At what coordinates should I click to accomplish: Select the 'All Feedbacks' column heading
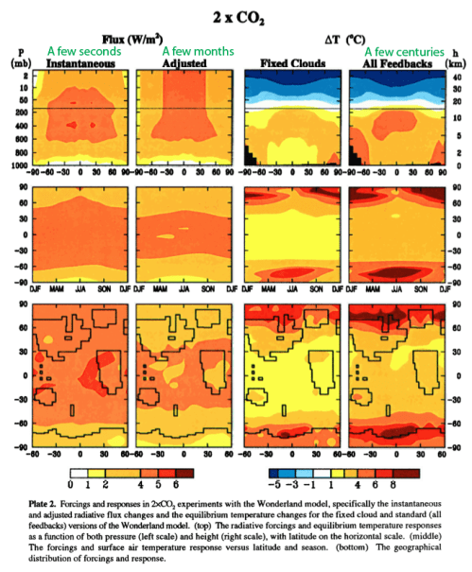393,63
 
